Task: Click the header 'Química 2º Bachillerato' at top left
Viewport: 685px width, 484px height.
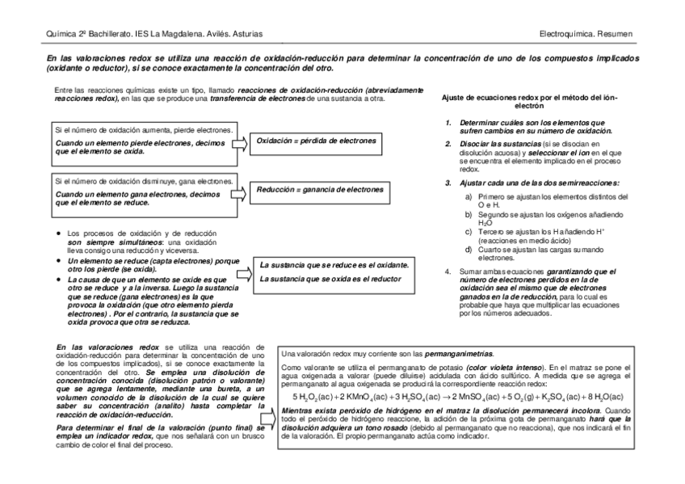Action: click(x=89, y=33)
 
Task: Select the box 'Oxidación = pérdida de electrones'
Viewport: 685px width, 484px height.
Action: click(x=316, y=141)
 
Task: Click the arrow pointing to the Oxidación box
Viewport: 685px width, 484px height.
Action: click(x=240, y=144)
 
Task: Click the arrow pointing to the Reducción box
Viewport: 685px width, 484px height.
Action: click(x=240, y=193)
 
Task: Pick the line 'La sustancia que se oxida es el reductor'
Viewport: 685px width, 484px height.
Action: click(x=330, y=279)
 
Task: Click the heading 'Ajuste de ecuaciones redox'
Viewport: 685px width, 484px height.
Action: click(x=530, y=101)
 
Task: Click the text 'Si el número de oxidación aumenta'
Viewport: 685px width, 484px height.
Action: click(x=143, y=129)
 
